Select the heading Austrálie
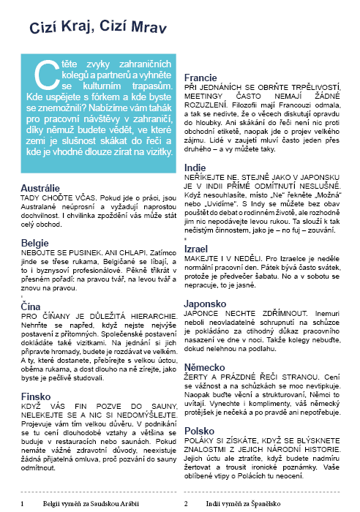click(40, 188)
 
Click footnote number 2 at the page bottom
click(187, 504)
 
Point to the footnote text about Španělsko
click(247, 504)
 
